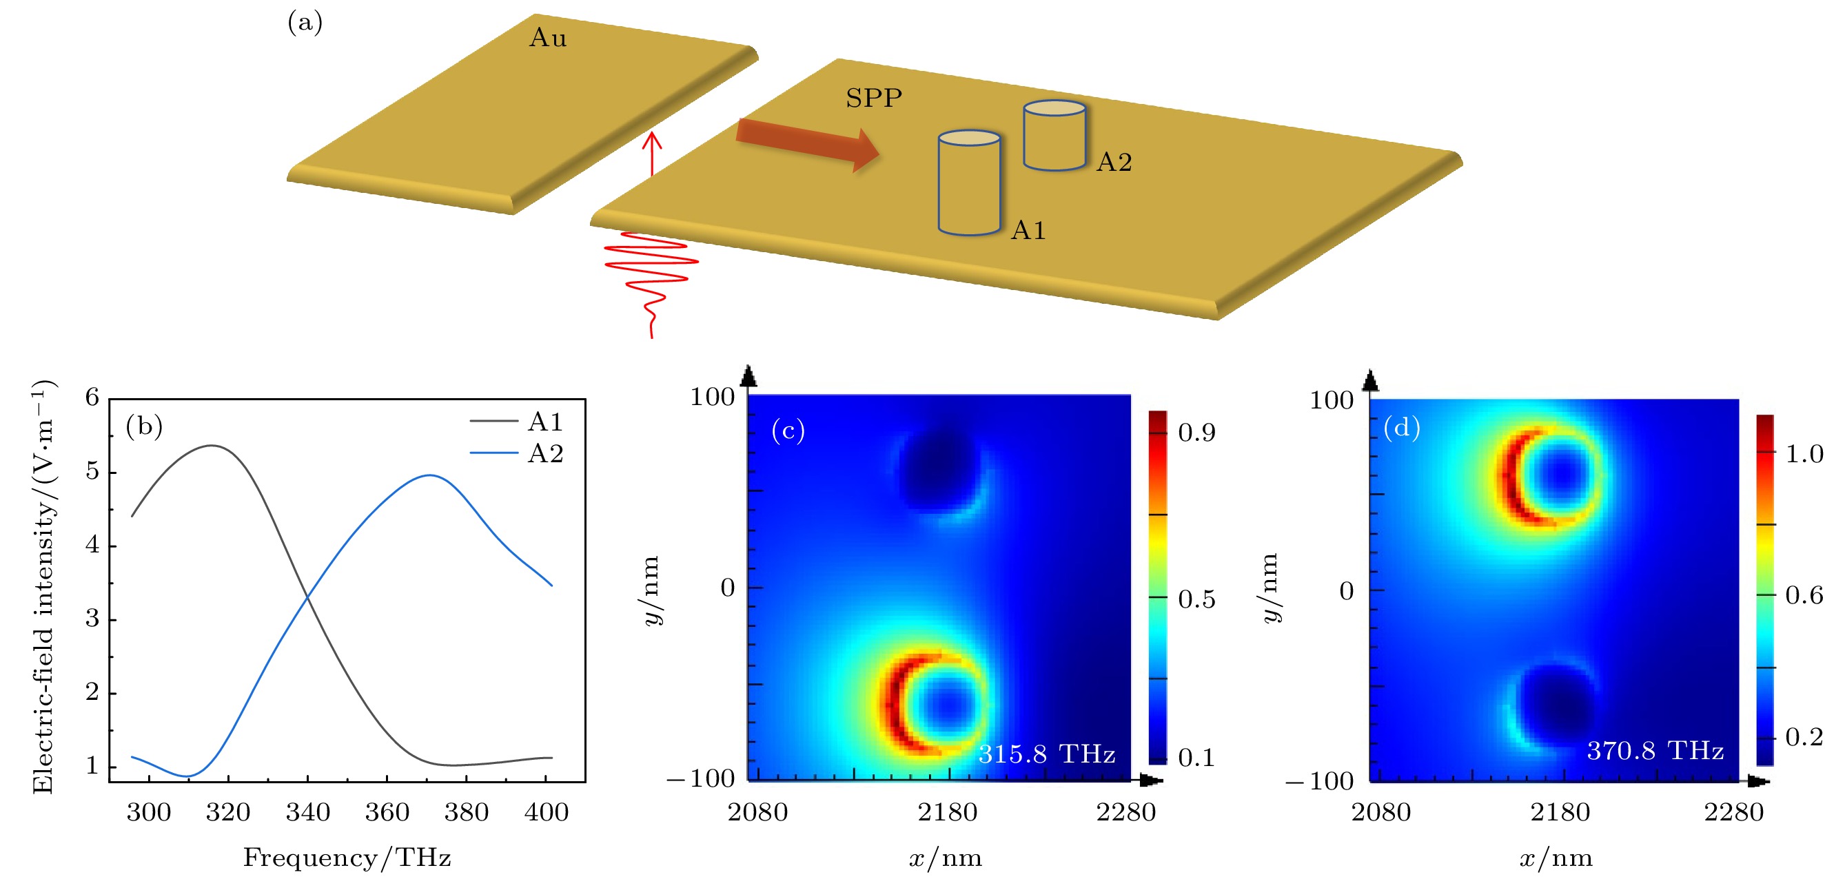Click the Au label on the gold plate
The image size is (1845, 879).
(x=548, y=38)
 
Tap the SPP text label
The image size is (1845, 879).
(x=873, y=98)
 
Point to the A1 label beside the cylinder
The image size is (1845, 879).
(x=1028, y=231)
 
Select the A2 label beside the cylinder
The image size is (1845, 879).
(x=1114, y=163)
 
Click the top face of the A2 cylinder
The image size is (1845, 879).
(x=1054, y=108)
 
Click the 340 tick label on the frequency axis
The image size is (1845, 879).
(x=307, y=812)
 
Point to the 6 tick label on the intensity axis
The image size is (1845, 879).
(x=92, y=397)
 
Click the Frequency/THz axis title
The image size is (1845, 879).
(x=347, y=858)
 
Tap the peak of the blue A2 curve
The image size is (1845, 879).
(x=429, y=475)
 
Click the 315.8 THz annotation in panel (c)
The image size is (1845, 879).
(x=1046, y=754)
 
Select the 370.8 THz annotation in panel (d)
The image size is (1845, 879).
(x=1655, y=750)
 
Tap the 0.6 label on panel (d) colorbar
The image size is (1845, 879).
(x=1804, y=594)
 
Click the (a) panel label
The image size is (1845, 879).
(x=305, y=23)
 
